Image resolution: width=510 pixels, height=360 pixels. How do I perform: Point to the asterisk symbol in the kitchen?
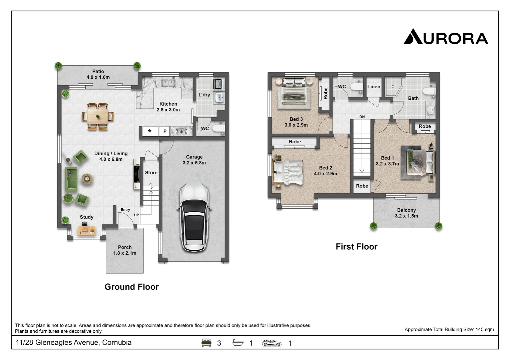150,131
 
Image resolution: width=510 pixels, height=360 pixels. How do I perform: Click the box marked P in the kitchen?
164,131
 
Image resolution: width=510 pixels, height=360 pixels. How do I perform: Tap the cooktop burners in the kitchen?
181,131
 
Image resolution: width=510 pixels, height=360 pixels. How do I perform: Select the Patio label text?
98,71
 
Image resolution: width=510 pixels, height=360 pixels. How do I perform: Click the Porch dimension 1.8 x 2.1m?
125,253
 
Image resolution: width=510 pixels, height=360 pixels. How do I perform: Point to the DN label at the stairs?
362,117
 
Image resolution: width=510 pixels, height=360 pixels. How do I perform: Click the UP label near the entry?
136,215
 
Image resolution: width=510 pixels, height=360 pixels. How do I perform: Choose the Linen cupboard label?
374,87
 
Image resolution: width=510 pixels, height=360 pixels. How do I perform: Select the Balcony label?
406,210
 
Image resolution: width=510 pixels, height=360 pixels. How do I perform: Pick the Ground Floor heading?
131,287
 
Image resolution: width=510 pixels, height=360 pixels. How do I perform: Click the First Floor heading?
356,247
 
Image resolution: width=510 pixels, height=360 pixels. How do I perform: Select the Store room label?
151,173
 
